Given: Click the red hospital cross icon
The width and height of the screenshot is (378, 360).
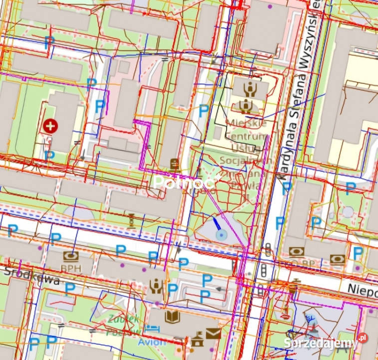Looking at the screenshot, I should tap(49, 125).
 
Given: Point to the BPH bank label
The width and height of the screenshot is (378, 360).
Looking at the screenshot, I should tap(70, 268).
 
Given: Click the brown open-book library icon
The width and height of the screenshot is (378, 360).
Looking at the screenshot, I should tap(172, 316).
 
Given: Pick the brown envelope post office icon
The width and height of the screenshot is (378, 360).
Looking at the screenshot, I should tap(213, 333).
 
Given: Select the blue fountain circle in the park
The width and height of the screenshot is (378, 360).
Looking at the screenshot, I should tap(219, 233).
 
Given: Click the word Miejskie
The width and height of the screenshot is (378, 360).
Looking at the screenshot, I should tap(246, 123).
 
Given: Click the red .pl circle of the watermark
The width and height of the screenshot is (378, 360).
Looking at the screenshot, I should tap(362, 338).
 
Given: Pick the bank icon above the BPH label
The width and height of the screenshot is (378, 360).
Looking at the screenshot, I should tap(70, 256).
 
